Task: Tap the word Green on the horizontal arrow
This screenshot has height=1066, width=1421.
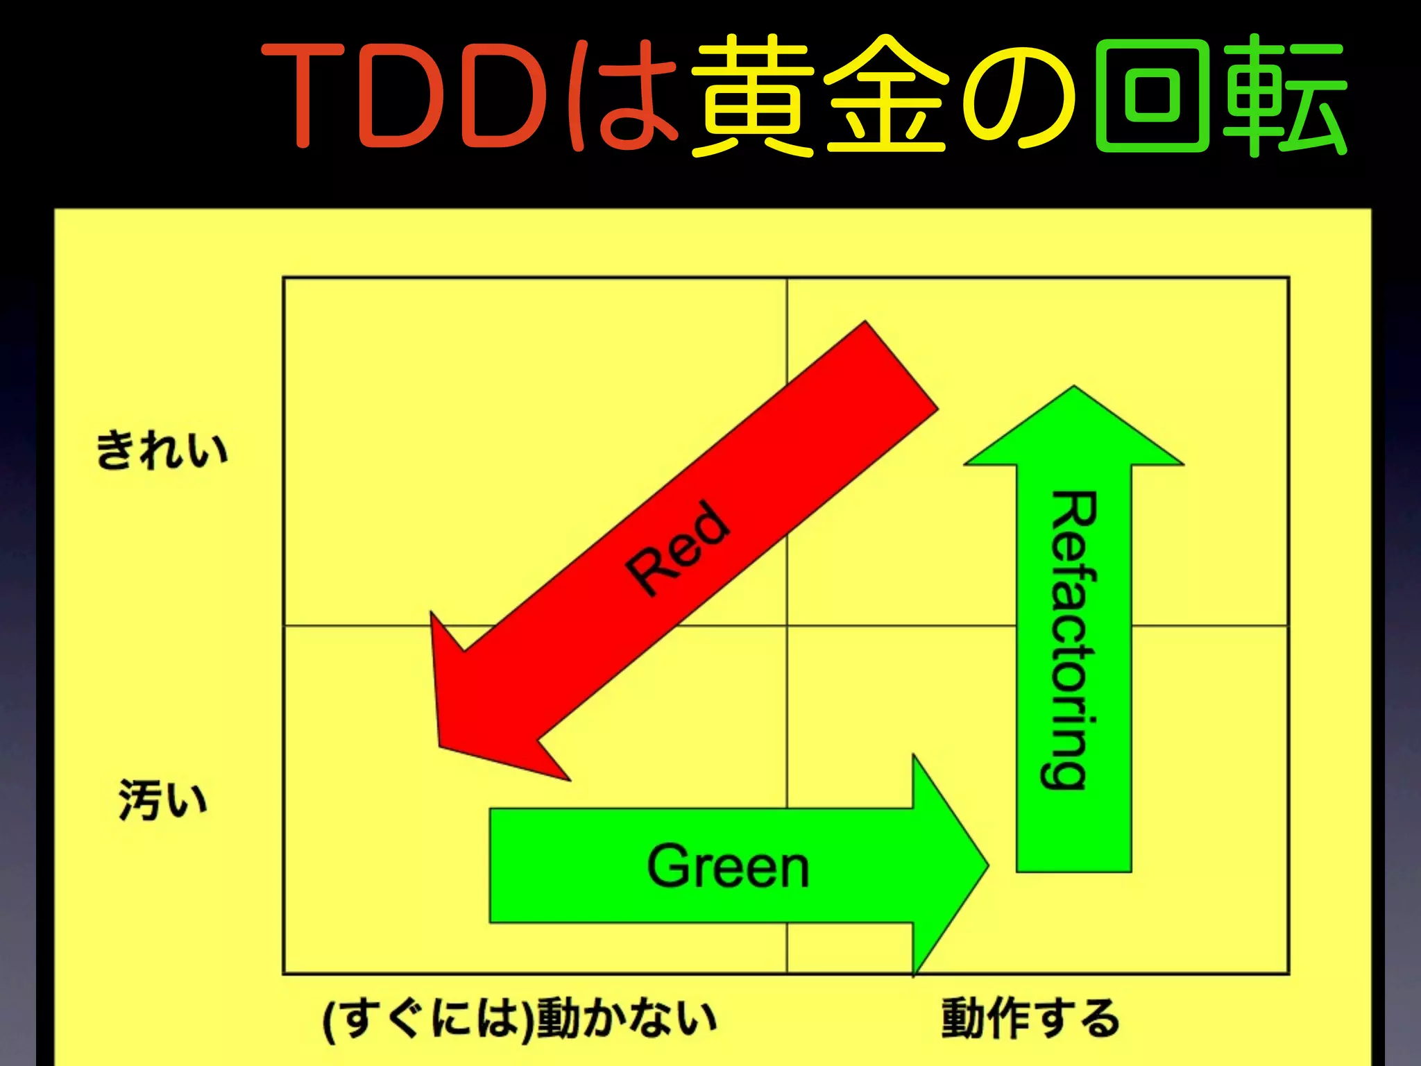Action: [728, 866]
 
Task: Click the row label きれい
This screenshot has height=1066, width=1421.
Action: [162, 450]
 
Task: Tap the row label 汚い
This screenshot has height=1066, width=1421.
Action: [162, 799]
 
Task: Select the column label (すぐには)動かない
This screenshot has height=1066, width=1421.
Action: [520, 1019]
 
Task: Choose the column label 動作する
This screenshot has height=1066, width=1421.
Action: [1030, 1018]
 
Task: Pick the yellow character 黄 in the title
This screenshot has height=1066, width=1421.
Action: [752, 95]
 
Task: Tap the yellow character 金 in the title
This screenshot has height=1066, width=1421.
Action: [886, 95]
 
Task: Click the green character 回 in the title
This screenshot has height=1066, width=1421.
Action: [1152, 95]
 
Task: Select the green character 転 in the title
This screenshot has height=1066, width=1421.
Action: [1284, 95]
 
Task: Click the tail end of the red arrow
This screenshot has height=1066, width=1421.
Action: [901, 366]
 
